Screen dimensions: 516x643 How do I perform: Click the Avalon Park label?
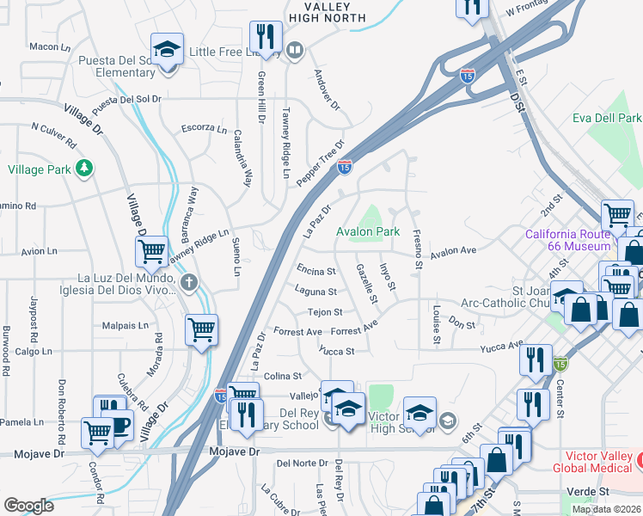click(x=368, y=231)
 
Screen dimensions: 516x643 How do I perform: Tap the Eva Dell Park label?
click(x=607, y=118)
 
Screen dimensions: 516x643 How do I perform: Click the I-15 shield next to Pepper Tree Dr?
click(x=345, y=167)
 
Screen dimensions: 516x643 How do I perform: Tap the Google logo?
click(x=28, y=506)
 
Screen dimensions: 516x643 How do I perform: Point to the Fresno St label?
click(x=417, y=249)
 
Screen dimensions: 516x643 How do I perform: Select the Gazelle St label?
click(x=366, y=284)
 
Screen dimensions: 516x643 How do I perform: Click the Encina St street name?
click(x=316, y=270)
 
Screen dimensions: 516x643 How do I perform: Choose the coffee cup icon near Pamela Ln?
click(x=119, y=424)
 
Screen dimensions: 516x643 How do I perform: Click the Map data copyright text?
click(x=606, y=509)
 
